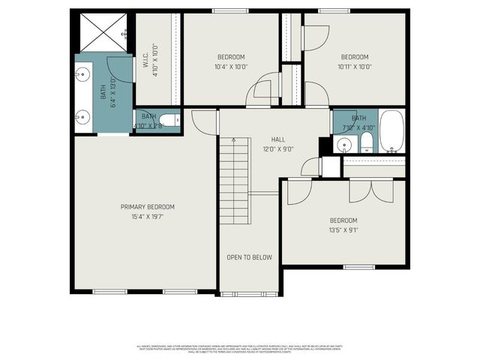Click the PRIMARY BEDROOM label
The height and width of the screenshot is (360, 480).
148,207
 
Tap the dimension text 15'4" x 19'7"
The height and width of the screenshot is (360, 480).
148,217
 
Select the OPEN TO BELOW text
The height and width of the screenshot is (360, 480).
249,257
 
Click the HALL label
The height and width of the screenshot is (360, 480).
278,139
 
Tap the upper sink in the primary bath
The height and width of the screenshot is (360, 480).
82,74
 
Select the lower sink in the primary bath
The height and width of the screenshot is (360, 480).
82,115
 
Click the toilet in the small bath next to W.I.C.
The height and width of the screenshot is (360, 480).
172,120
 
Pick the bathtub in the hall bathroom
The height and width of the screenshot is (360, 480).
391,131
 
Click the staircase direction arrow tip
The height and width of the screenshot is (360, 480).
233,139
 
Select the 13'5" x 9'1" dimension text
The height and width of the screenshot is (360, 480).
344,230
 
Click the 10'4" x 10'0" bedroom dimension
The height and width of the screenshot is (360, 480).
231,67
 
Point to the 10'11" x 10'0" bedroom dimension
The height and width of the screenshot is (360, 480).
355,67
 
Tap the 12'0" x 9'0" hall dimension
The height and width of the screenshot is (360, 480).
278,149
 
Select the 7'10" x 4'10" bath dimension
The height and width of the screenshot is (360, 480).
359,127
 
